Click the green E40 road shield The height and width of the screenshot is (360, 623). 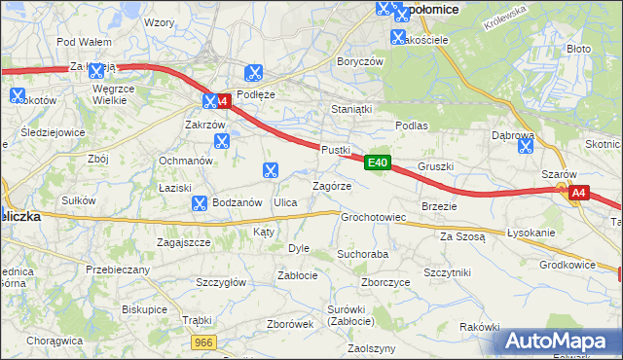(379, 162)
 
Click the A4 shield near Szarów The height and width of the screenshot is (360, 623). (578, 193)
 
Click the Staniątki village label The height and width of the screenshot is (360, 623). (351, 110)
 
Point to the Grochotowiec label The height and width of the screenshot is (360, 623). (373, 217)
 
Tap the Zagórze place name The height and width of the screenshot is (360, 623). (331, 186)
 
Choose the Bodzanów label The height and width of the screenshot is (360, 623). (238, 202)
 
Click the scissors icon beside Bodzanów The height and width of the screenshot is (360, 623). (199, 203)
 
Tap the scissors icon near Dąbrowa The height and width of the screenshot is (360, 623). (526, 147)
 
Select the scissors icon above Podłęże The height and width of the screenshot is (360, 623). (254, 71)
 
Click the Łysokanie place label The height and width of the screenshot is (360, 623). (531, 234)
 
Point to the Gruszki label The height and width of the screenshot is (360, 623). (435, 166)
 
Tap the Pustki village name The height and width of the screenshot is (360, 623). (335, 149)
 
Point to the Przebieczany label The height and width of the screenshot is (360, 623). (118, 270)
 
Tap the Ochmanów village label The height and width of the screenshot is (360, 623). (185, 161)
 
